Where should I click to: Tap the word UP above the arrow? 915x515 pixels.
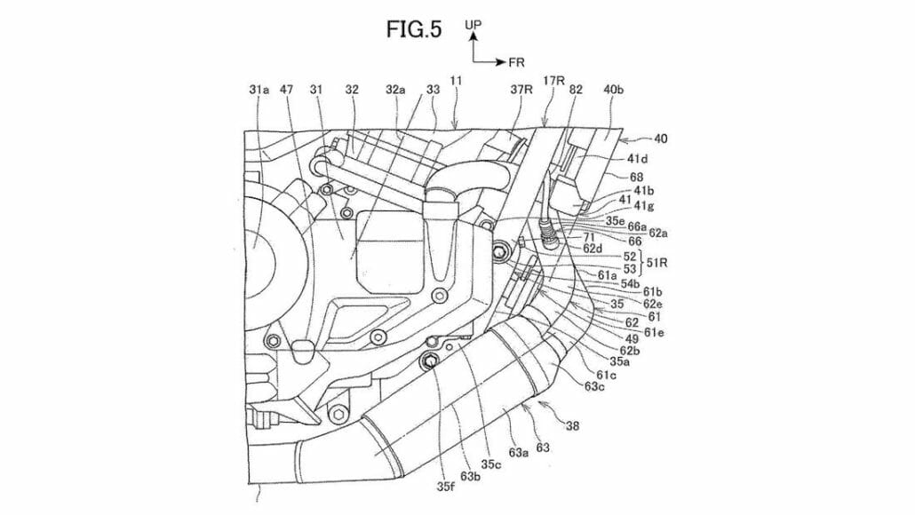pyautogui.click(x=473, y=28)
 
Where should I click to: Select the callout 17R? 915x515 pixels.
pyautogui.click(x=555, y=81)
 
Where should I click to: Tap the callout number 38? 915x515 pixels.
pyautogui.click(x=572, y=426)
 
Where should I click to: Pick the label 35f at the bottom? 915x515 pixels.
pyautogui.click(x=442, y=485)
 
